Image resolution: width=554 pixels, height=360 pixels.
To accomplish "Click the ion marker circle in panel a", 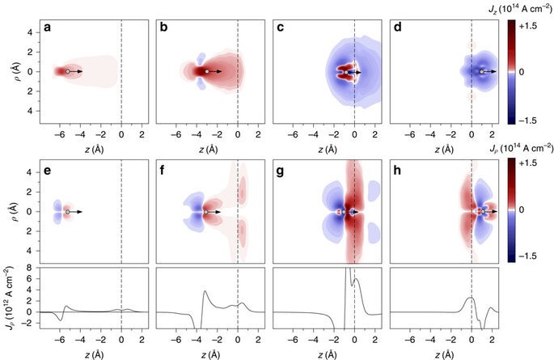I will point(68,72).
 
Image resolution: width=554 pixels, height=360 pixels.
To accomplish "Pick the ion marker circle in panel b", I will point(207,72).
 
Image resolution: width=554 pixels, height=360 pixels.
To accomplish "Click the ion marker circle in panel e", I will point(68,212).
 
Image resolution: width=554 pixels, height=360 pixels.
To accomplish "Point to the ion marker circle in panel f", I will point(207,212).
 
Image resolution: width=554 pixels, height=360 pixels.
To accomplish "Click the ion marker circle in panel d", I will point(482,72).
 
